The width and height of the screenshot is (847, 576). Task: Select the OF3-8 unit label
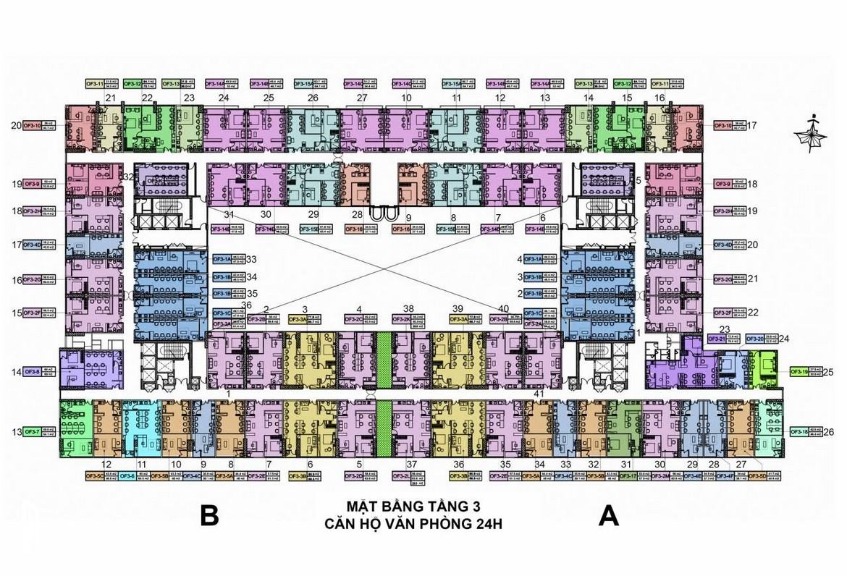(x=31, y=372)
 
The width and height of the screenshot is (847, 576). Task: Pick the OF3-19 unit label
(x=799, y=372)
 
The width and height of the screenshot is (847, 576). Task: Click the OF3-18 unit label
(x=799, y=432)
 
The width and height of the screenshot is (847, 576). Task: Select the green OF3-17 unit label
(x=627, y=476)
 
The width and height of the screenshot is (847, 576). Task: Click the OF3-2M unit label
(x=660, y=476)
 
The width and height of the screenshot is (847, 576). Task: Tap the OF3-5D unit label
(x=757, y=476)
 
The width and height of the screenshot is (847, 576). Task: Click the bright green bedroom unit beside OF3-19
(x=764, y=366)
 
